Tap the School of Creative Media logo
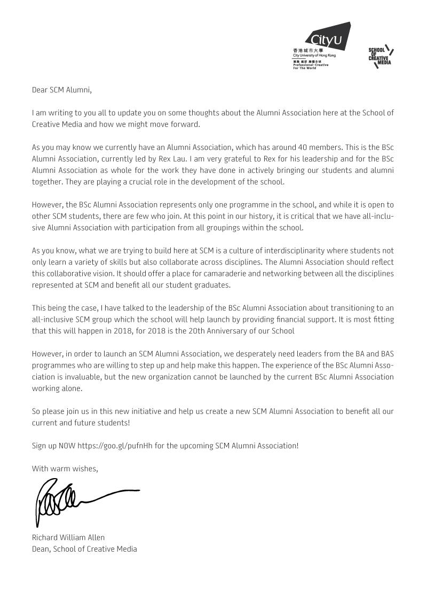click(x=381, y=57)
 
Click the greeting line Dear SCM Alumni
click(x=62, y=90)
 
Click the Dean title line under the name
click(x=84, y=549)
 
